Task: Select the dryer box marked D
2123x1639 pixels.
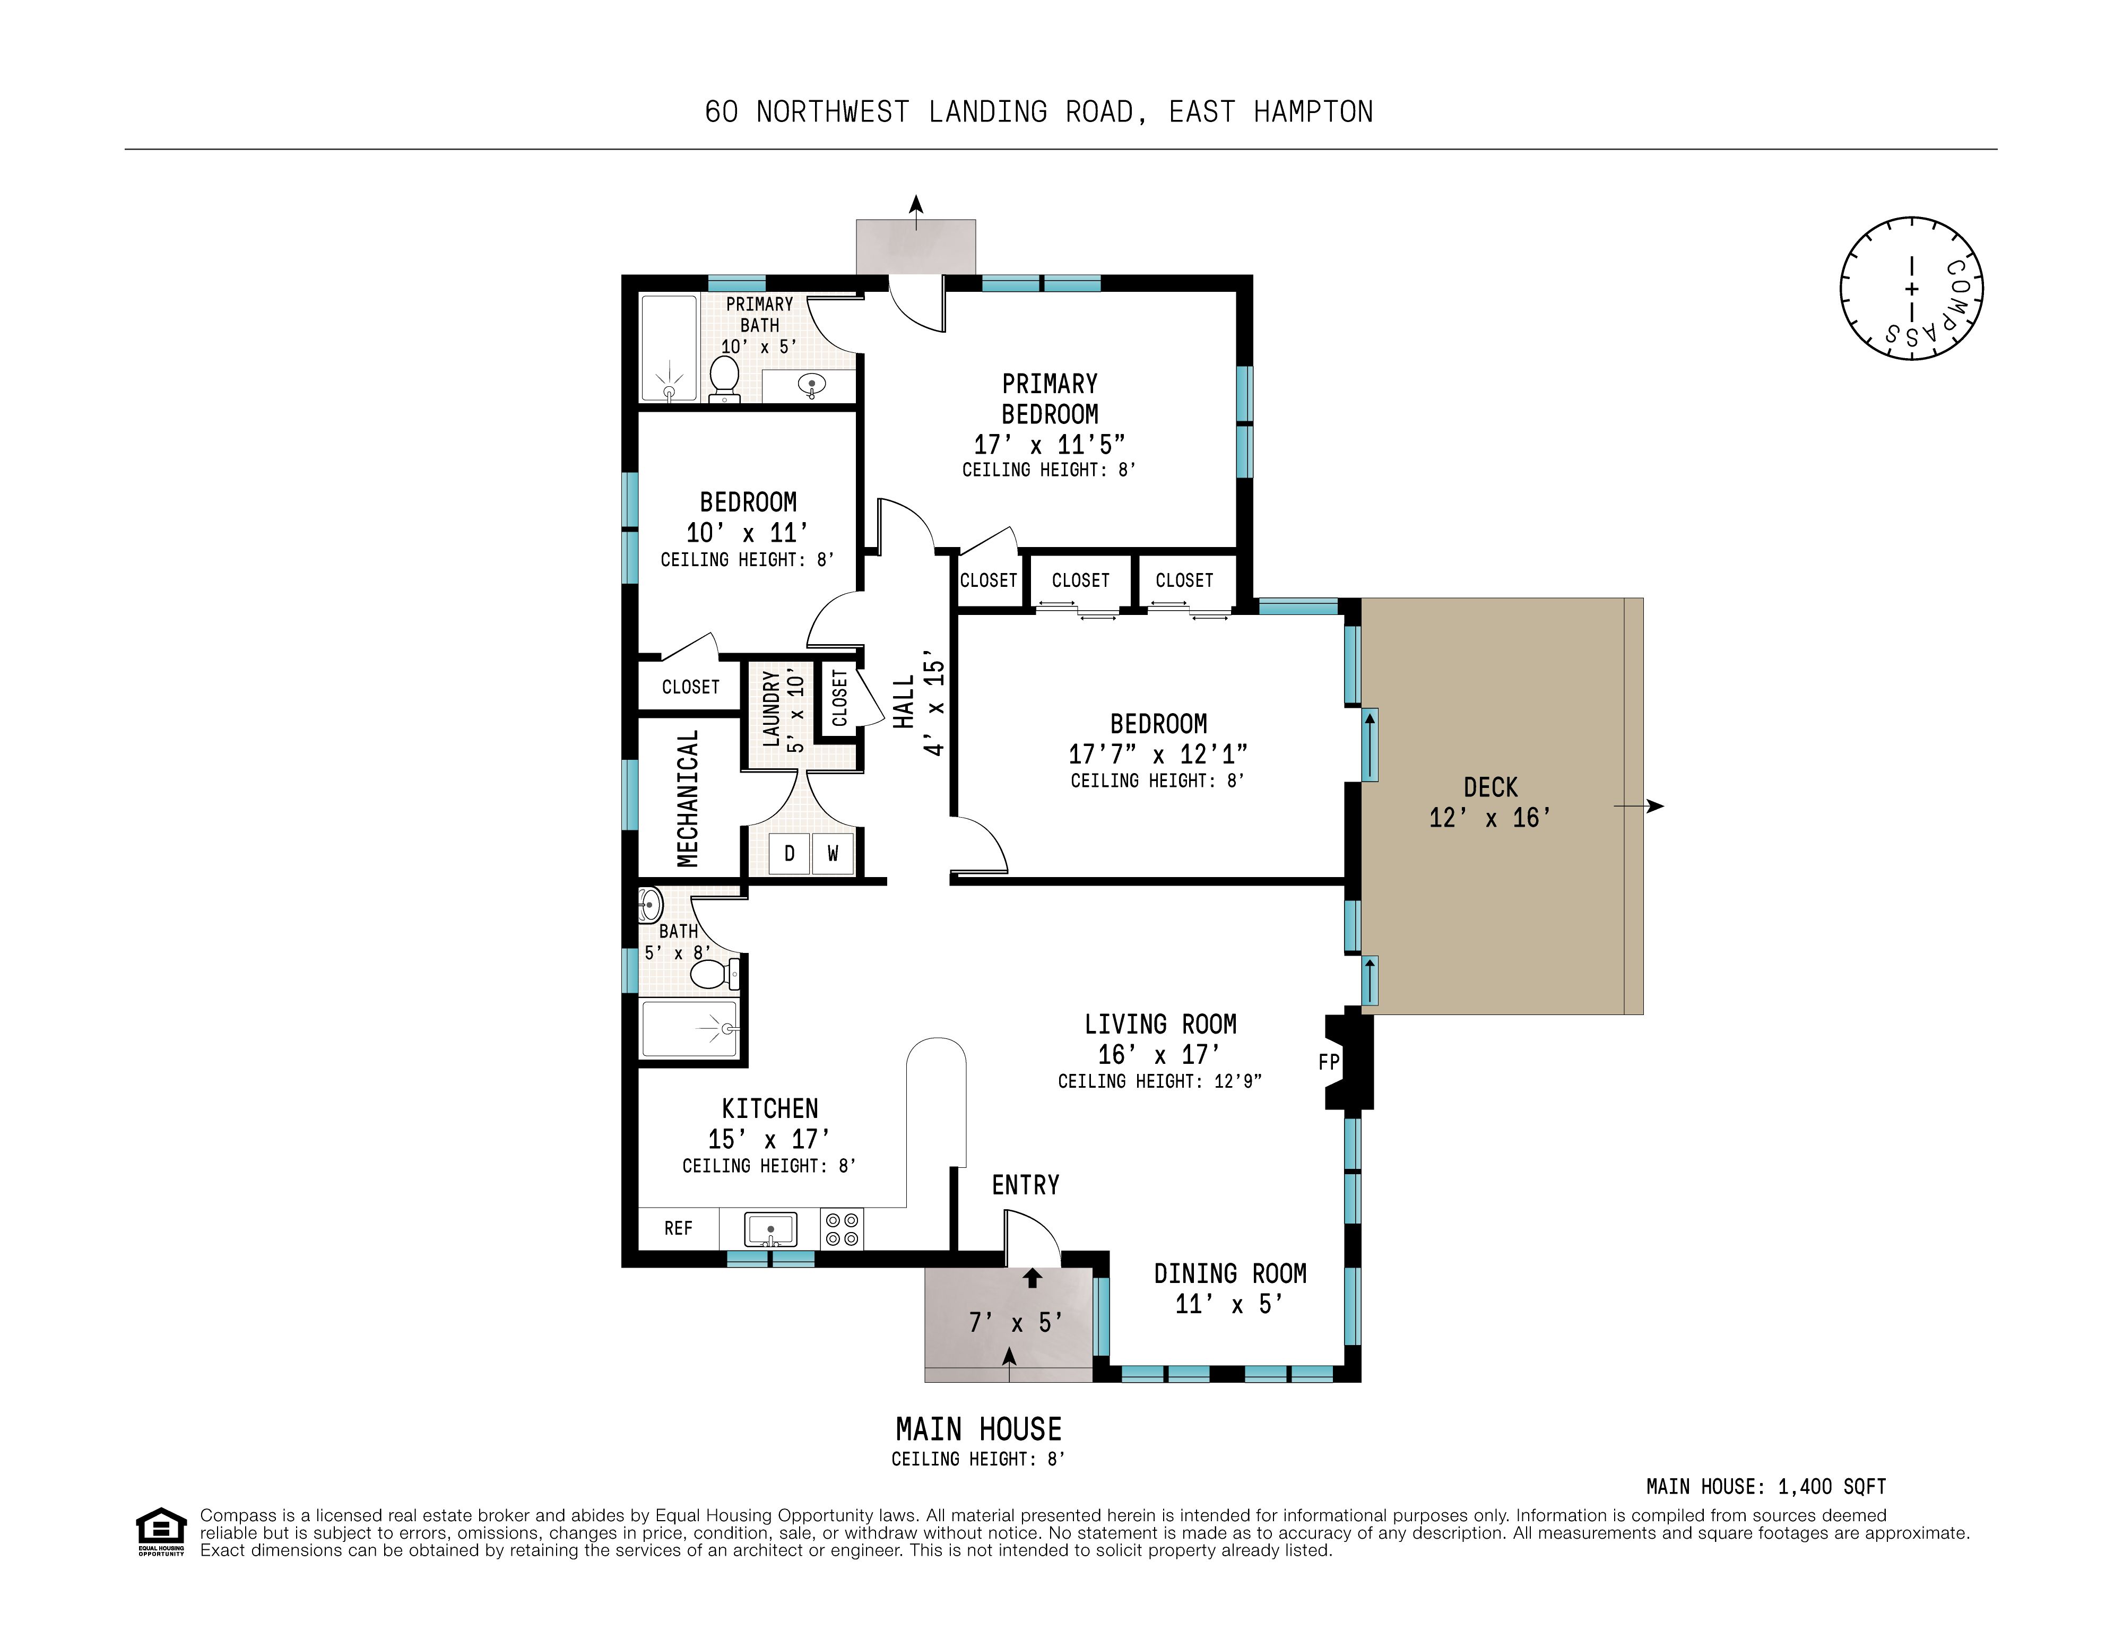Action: [790, 854]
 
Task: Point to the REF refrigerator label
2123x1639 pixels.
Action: [679, 1229]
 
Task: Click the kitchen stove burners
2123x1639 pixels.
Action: [842, 1229]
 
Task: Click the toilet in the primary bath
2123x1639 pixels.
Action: [724, 379]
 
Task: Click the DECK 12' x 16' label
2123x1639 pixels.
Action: [1490, 802]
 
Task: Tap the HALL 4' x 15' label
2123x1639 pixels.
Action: [918, 703]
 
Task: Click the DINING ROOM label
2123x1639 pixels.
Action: [1229, 1273]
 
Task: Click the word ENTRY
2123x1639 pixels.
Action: [1026, 1185]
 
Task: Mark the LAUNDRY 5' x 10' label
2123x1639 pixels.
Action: [784, 709]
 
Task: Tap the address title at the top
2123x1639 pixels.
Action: [1039, 112]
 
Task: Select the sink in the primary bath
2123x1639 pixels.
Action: [812, 386]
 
